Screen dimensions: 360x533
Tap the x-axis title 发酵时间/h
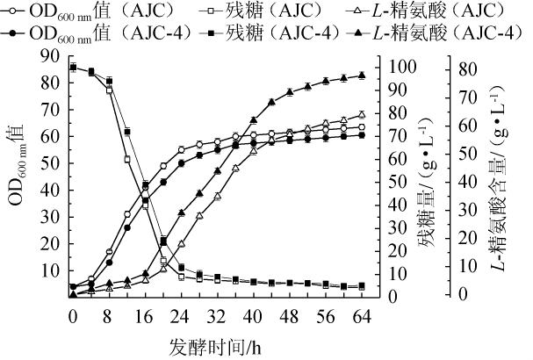tap(216, 344)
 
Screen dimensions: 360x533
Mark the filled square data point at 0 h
tap(73, 67)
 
